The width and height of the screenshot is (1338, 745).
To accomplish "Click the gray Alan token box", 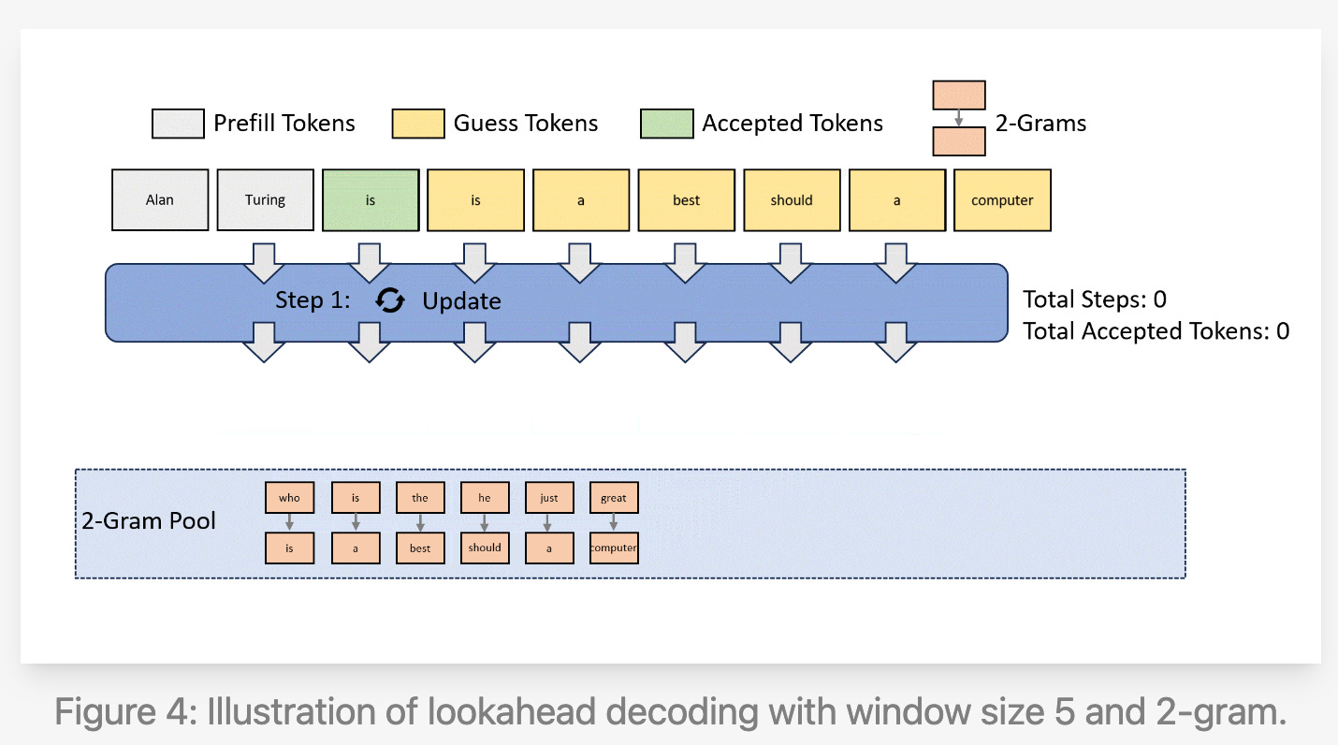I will [160, 200].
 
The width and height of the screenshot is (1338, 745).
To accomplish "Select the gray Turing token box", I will [265, 200].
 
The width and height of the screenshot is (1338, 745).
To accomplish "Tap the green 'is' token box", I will [371, 200].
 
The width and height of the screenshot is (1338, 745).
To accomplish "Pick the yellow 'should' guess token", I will [792, 200].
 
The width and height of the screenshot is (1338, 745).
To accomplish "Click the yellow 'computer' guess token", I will [1002, 200].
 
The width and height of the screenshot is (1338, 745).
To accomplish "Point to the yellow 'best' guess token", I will [686, 200].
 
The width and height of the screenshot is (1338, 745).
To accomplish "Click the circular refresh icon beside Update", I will [390, 300].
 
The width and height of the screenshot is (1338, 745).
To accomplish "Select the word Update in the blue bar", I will [461, 301].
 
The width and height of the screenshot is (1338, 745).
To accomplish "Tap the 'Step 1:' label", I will [313, 300].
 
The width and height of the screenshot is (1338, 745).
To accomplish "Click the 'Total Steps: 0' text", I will [1094, 299].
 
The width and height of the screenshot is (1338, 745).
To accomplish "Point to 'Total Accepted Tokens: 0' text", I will [1156, 330].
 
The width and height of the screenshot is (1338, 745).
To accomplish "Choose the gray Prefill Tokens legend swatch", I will [178, 124].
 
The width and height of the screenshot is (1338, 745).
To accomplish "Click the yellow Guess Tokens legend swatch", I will [418, 124].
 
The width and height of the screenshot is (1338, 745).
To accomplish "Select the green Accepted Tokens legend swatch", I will [666, 124].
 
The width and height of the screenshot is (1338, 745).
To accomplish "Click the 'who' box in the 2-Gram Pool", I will [289, 498].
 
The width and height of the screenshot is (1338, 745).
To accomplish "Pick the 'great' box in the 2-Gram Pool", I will [614, 498].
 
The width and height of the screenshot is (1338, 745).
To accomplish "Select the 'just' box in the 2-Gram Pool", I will [549, 498].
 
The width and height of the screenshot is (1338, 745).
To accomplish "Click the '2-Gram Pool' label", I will [149, 521].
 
